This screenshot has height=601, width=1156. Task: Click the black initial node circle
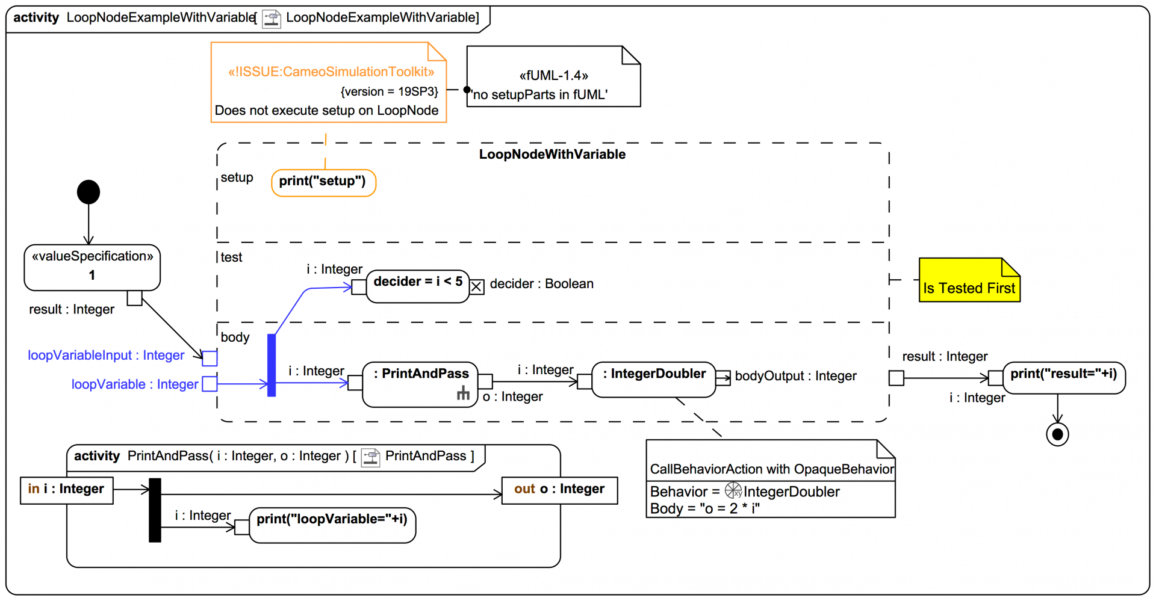(89, 193)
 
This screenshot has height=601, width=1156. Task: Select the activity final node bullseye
(1057, 434)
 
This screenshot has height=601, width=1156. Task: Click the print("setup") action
(323, 182)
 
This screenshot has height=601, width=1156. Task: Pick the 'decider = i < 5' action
(418, 286)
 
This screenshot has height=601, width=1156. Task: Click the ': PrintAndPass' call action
(420, 384)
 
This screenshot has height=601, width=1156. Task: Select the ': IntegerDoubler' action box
(654, 379)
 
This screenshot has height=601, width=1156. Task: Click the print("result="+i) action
(1064, 378)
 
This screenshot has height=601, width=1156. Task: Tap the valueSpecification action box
(92, 267)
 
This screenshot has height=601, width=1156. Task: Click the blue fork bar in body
(272, 365)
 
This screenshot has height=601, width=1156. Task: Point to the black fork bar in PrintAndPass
(155, 510)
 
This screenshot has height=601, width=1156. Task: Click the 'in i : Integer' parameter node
(66, 490)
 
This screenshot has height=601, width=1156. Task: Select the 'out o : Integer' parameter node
(559, 490)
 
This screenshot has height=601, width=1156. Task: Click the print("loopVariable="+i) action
(332, 525)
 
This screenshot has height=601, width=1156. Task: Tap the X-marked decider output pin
(476, 287)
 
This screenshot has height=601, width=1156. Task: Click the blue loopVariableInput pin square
(210, 358)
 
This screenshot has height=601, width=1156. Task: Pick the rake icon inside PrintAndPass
(463, 393)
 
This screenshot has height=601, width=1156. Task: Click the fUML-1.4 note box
(553, 78)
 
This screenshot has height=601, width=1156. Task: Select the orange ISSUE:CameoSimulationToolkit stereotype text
(331, 72)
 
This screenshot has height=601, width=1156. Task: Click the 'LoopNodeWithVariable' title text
(552, 155)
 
